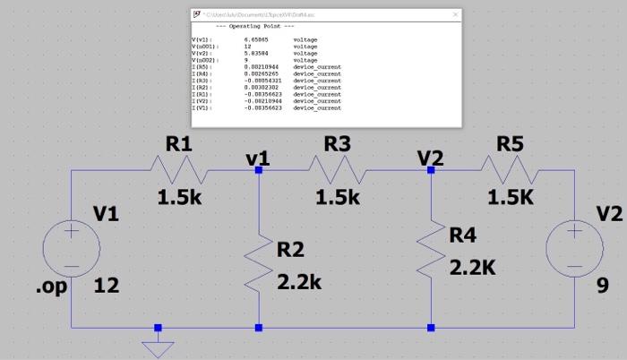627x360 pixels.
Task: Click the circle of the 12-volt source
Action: [70, 249]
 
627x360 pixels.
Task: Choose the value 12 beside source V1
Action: [107, 287]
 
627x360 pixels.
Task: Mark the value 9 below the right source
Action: [603, 287]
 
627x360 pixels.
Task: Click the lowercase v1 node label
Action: [258, 158]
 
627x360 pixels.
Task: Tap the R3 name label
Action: [339, 143]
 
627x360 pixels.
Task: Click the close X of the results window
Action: [455, 15]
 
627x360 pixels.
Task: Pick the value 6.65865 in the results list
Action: [256, 40]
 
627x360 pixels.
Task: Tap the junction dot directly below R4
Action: [431, 328]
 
